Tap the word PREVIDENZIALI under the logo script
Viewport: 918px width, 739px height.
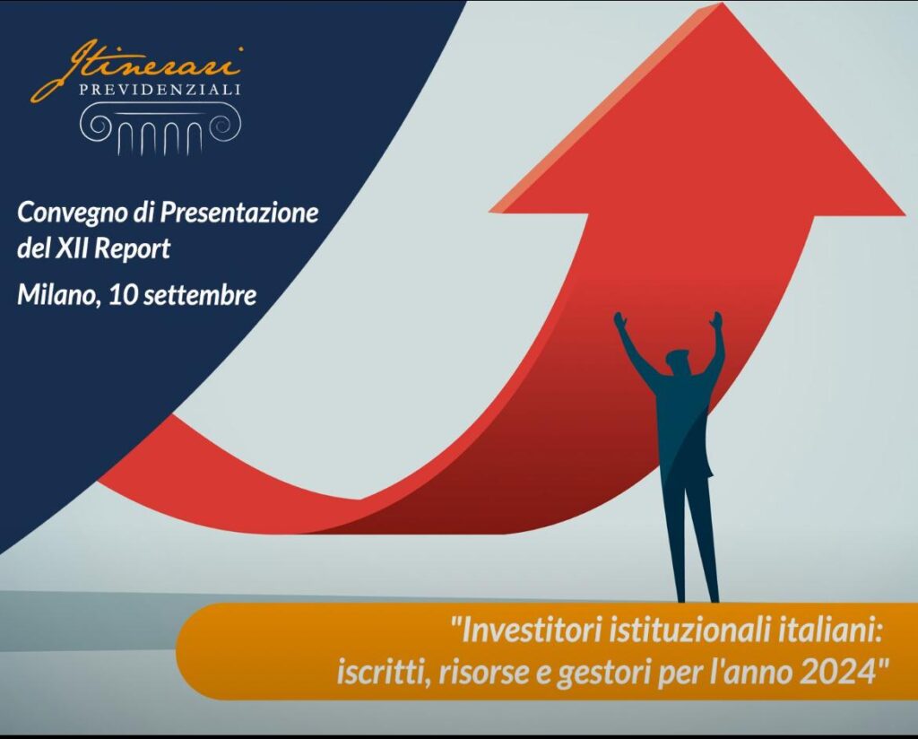pyautogui.click(x=160, y=90)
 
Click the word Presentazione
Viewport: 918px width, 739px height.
pyautogui.click(x=238, y=213)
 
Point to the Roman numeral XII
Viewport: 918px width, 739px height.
pyautogui.click(x=72, y=248)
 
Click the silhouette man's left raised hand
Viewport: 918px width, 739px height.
pyautogui.click(x=619, y=322)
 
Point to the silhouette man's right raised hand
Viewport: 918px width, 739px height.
pyautogui.click(x=715, y=321)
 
